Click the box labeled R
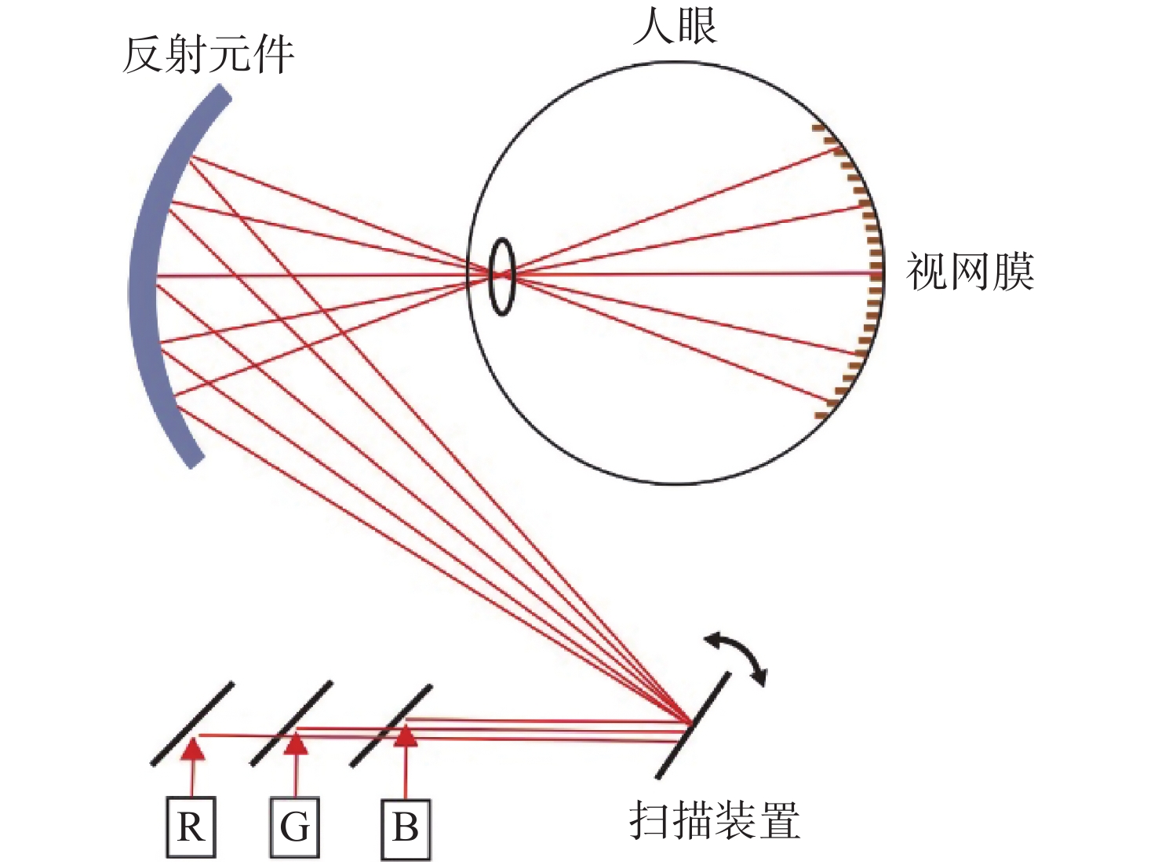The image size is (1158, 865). point(191,827)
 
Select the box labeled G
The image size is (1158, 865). point(295,827)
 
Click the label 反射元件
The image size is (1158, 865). point(209,55)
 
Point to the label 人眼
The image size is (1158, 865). point(675,26)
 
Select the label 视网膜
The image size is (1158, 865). point(970,272)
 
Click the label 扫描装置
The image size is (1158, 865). point(715,821)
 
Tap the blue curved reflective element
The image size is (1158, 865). point(145,275)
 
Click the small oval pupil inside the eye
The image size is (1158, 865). point(502,276)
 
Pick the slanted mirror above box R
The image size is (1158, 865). point(192,723)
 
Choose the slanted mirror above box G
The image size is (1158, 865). point(291,723)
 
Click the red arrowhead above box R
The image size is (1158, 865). point(192,750)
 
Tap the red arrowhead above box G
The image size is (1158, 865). point(296,743)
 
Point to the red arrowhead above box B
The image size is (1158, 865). point(405,735)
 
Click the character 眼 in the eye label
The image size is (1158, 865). point(697,26)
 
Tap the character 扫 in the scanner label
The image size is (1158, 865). point(650,821)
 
